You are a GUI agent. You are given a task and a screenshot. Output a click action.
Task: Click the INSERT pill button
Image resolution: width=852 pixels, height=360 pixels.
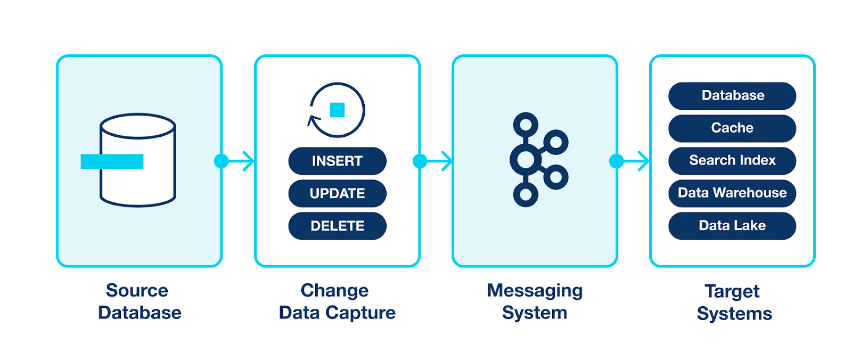(x=337, y=161)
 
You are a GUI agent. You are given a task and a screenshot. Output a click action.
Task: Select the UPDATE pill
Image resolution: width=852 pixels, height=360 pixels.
(x=337, y=193)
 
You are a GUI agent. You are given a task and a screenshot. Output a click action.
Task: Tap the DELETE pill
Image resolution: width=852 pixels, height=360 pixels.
(x=337, y=226)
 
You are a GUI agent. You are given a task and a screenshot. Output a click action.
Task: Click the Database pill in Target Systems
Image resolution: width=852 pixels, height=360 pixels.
(x=732, y=96)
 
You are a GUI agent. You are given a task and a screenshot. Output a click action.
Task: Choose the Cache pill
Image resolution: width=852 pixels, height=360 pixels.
(x=732, y=128)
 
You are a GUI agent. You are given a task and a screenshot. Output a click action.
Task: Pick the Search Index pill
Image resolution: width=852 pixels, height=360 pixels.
(x=732, y=161)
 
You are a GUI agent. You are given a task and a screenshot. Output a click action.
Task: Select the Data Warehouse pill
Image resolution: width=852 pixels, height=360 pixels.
(x=732, y=193)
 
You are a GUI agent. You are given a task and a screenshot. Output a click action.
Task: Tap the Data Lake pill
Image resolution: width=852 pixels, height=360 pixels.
(x=732, y=226)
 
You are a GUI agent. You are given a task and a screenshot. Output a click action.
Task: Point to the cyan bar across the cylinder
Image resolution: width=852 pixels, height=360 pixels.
(x=112, y=161)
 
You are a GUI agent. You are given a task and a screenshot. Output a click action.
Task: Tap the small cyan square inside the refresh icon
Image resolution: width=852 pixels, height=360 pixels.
(x=337, y=110)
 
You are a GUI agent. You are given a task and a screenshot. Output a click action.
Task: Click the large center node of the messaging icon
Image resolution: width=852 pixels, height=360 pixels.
(x=526, y=160)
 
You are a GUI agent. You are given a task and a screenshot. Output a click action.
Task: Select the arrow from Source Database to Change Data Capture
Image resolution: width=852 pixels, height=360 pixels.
(x=237, y=161)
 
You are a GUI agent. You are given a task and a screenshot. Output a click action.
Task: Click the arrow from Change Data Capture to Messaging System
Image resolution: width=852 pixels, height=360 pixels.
(x=436, y=161)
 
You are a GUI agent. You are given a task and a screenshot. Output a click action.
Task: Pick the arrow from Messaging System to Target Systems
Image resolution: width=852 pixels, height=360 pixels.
(x=633, y=161)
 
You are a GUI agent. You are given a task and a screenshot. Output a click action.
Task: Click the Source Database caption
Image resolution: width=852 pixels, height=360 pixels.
(x=139, y=301)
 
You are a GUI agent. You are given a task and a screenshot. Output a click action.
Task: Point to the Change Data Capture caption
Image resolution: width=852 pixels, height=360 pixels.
(x=337, y=301)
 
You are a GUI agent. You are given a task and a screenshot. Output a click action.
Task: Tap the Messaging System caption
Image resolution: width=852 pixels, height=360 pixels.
(x=535, y=301)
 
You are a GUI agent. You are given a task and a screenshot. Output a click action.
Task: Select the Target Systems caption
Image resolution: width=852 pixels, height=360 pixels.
(x=733, y=302)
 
